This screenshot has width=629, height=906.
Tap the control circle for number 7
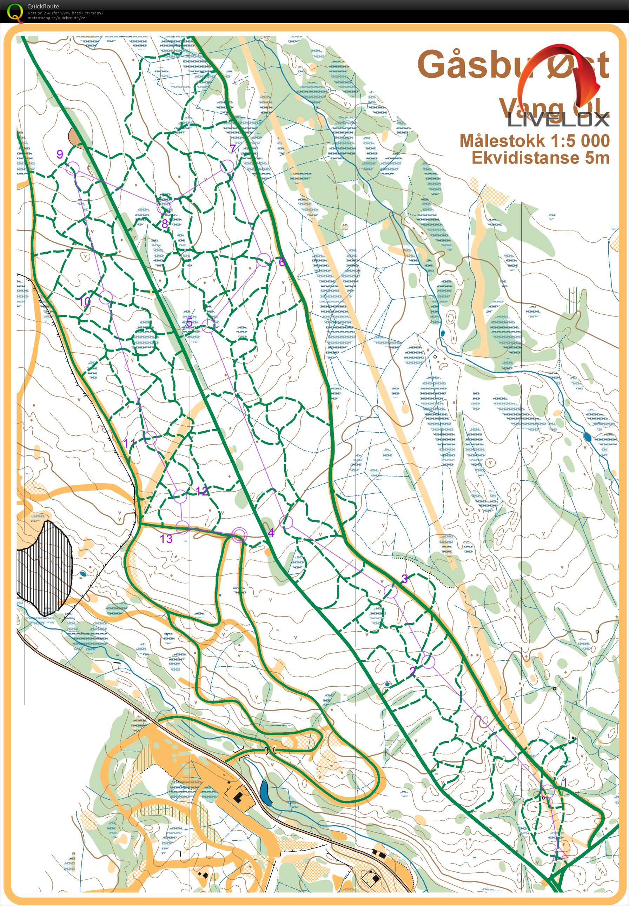tap(227, 166)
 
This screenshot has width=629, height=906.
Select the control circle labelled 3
tap(391, 591)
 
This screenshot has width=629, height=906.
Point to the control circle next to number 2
tap(428, 661)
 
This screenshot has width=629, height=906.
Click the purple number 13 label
tap(166, 539)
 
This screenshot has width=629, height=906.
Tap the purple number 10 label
tap(84, 302)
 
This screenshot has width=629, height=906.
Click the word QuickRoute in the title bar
tap(44, 6)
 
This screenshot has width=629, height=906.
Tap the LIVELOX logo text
tap(558, 119)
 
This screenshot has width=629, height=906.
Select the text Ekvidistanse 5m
tap(540, 158)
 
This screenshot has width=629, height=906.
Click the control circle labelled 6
tap(264, 260)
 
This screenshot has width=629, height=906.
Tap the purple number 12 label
tap(202, 491)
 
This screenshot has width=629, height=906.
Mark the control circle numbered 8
tap(164, 206)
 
